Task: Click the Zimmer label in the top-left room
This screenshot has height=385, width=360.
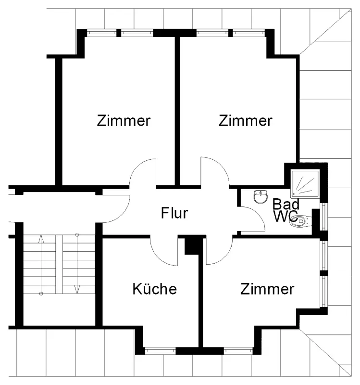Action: (124, 120)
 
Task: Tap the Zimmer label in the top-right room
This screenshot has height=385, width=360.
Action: (245, 120)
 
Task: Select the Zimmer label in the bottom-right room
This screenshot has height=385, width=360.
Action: (267, 289)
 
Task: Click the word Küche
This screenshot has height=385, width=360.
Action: (154, 289)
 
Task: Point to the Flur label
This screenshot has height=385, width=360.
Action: (174, 213)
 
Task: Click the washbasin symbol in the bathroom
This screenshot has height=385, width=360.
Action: (261, 196)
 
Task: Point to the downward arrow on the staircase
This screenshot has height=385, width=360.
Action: (77, 289)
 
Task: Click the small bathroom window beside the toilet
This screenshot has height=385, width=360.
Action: (323, 217)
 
